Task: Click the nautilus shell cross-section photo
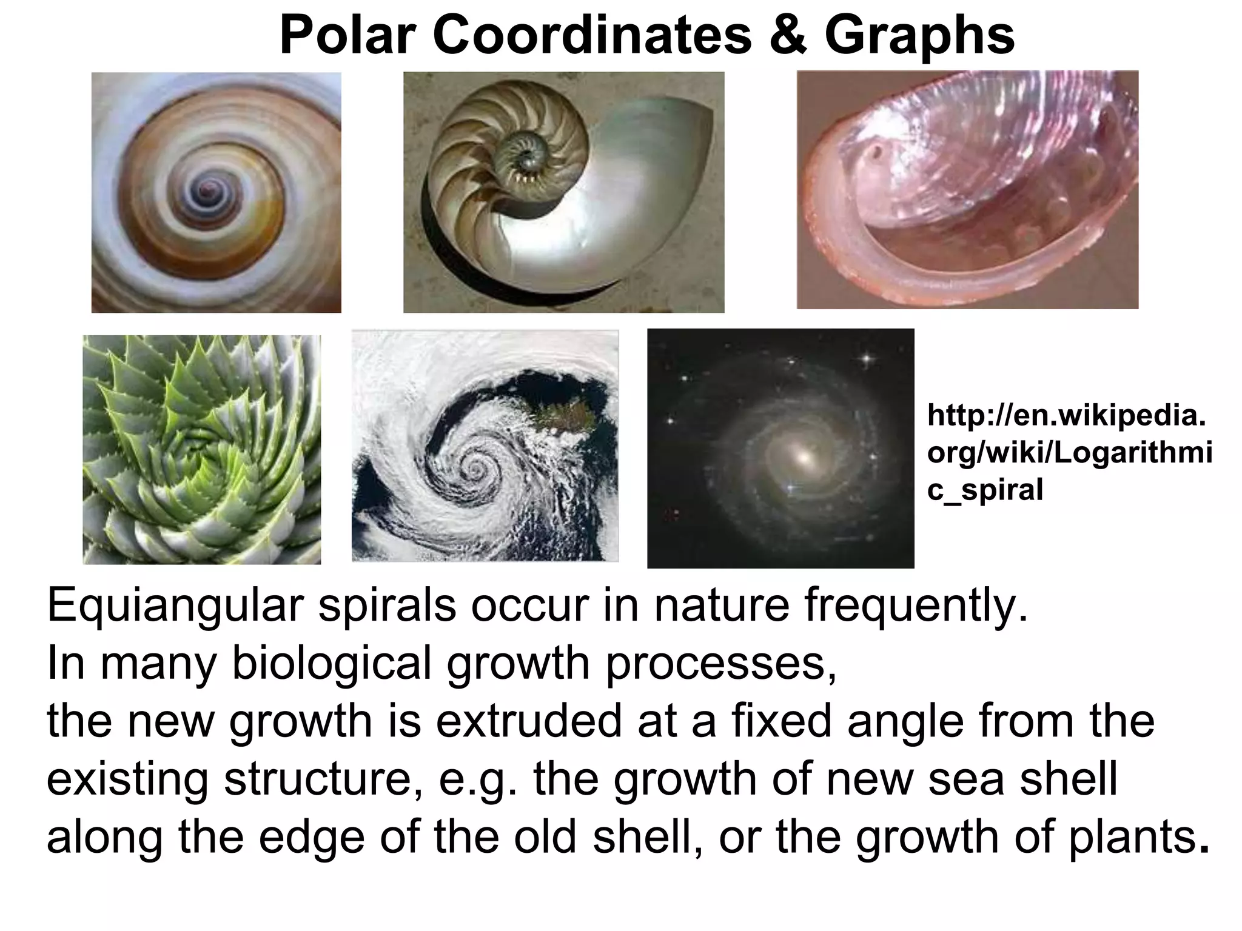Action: click(x=563, y=192)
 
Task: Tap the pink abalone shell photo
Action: click(x=967, y=190)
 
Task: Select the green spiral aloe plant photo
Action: click(x=201, y=450)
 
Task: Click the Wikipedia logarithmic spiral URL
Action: click(x=1069, y=452)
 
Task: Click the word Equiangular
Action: click(x=174, y=605)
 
